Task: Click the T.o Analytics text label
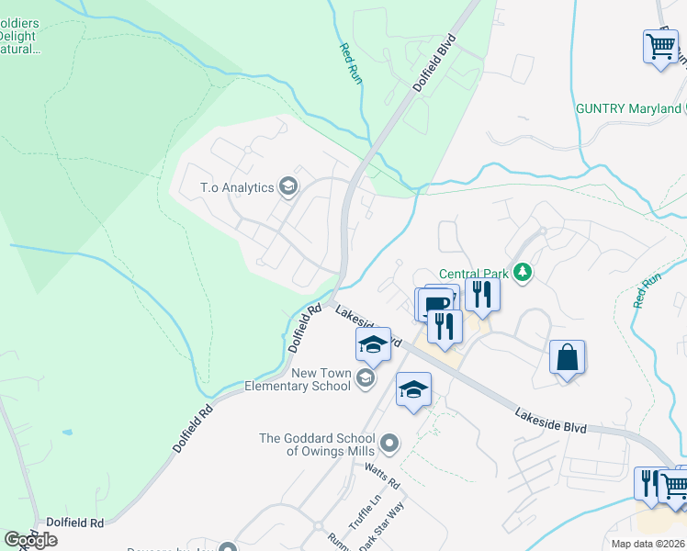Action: pyautogui.click(x=237, y=187)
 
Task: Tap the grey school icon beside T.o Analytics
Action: pyautogui.click(x=288, y=187)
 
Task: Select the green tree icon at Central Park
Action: pyautogui.click(x=524, y=272)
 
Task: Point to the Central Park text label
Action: pyautogui.click(x=473, y=273)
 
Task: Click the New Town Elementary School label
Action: pyautogui.click(x=321, y=379)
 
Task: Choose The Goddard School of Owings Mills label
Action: pyautogui.click(x=319, y=444)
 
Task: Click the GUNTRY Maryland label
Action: pyautogui.click(x=628, y=108)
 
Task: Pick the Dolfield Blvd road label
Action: pyautogui.click(x=434, y=62)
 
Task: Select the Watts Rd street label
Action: pyautogui.click(x=382, y=476)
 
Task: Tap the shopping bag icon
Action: pyautogui.click(x=568, y=356)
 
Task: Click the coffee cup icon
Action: pyautogui.click(x=437, y=303)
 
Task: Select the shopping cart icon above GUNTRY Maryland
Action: pyautogui.click(x=661, y=44)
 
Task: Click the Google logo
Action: pyautogui.click(x=30, y=540)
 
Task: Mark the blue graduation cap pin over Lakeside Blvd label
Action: pyautogui.click(x=373, y=344)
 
